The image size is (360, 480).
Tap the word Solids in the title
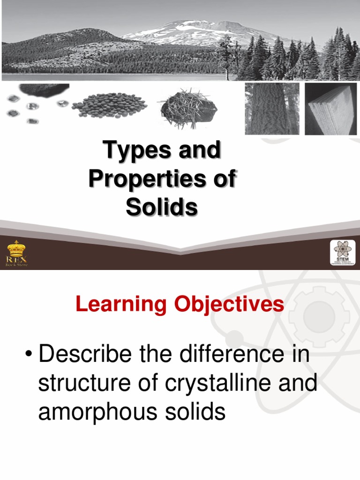[x=161, y=207]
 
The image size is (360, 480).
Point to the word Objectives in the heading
[x=229, y=305]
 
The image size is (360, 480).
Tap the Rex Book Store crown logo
[x=17, y=254]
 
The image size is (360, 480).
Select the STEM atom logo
[x=343, y=253]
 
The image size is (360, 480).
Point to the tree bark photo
[x=272, y=109]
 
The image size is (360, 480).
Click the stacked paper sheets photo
[x=331, y=109]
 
